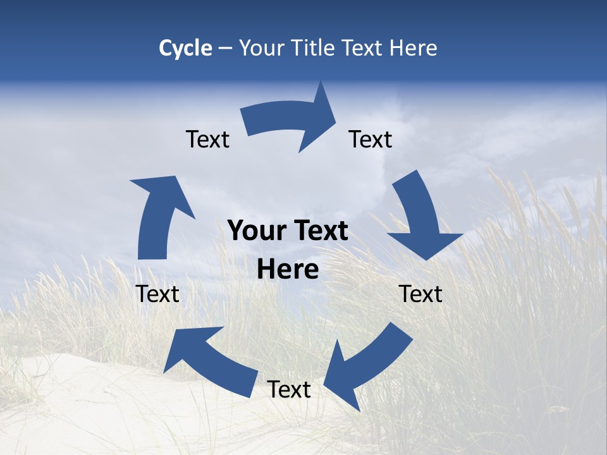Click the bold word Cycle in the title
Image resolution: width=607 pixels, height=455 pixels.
(185, 48)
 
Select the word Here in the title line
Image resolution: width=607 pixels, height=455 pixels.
(413, 48)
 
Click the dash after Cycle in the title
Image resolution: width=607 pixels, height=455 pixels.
(225, 49)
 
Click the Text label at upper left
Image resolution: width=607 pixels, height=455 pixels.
(207, 139)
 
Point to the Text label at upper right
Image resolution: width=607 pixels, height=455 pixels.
(371, 139)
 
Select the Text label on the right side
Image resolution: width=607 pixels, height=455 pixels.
(420, 294)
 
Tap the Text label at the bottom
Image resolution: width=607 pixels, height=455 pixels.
(289, 389)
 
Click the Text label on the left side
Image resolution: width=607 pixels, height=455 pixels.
(157, 294)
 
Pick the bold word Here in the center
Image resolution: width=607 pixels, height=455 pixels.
(288, 270)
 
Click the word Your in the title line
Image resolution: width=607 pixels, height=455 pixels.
(261, 48)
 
